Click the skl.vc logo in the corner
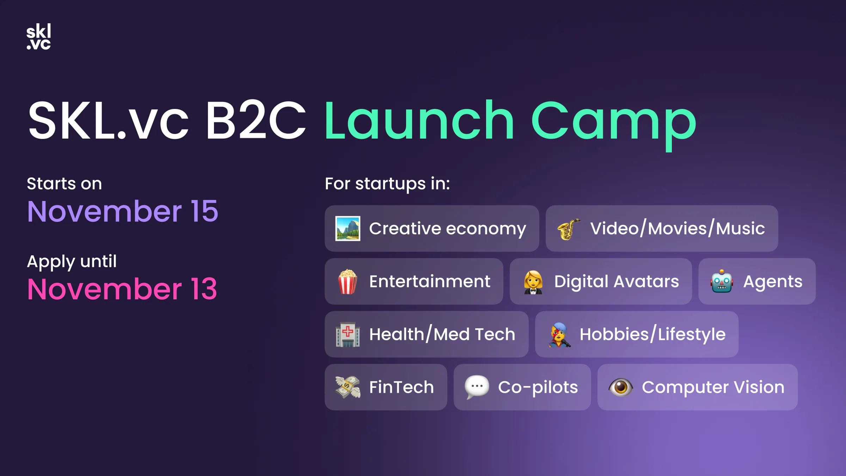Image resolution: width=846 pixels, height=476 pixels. (39, 37)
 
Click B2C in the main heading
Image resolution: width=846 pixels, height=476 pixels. (255, 121)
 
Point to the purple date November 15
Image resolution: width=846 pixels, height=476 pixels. (123, 212)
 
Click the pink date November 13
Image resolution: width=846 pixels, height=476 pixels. (122, 289)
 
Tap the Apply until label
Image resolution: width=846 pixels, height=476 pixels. (72, 262)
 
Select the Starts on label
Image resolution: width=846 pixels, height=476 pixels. (65, 184)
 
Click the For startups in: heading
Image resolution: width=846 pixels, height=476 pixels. (387, 184)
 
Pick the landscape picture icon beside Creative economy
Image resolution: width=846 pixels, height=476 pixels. (348, 228)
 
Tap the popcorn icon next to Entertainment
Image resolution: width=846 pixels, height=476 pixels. (348, 281)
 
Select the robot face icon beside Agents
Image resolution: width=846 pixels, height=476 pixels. (722, 281)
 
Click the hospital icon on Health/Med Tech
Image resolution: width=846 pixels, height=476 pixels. (348, 334)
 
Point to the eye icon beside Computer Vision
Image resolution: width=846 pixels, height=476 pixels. (620, 387)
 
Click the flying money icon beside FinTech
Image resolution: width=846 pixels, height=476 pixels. (348, 387)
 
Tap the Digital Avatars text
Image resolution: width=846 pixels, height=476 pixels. (617, 281)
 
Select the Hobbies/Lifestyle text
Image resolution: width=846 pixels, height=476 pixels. (652, 334)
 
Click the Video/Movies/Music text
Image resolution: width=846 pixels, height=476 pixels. (678, 228)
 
